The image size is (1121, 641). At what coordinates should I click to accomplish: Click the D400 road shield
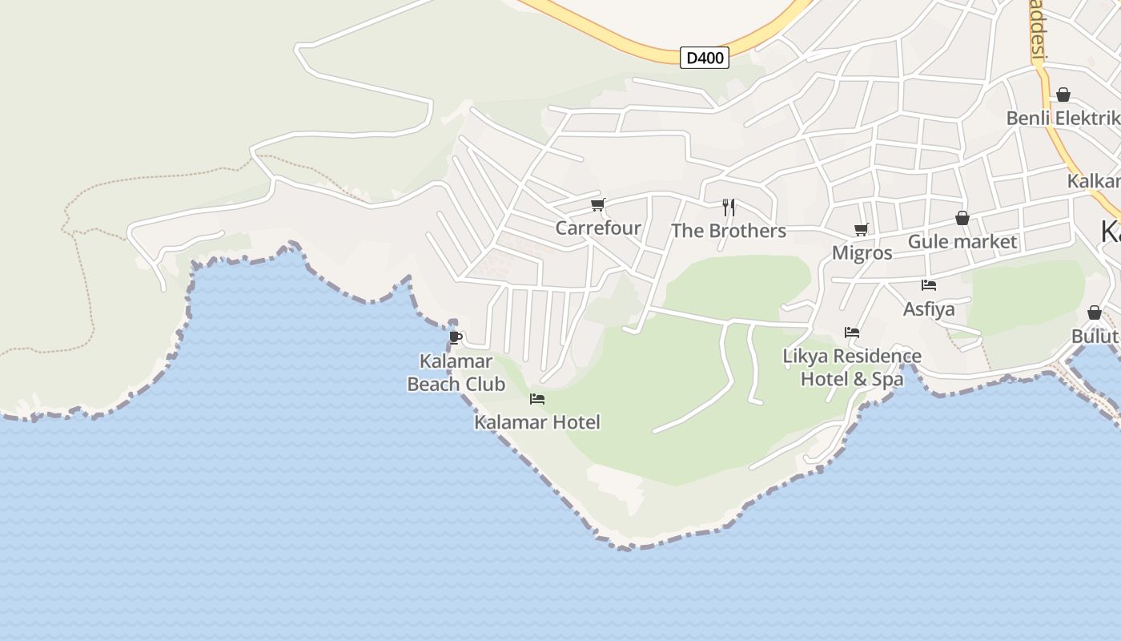coord(705,58)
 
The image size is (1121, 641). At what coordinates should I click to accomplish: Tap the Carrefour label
coord(598,228)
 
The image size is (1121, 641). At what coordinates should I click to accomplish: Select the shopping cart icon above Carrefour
coord(597,205)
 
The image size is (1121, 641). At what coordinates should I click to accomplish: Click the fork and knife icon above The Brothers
coord(729,208)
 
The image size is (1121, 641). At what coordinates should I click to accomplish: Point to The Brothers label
coord(729,232)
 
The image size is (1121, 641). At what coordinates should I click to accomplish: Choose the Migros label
coord(862,253)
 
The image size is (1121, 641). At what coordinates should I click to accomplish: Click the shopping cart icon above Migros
coord(862,230)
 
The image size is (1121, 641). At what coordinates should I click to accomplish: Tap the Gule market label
coord(962,242)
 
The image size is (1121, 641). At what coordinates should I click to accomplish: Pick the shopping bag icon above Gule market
coord(962,218)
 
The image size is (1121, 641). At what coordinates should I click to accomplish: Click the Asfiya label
coord(929,309)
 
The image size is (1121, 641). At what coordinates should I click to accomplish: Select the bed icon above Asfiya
coord(929,285)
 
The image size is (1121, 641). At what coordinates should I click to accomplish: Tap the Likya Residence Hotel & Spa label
coord(852,367)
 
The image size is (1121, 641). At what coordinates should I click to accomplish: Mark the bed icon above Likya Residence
coord(852,333)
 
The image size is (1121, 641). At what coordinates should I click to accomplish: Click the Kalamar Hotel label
coord(536,422)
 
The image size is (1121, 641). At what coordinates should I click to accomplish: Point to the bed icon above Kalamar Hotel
coord(537,399)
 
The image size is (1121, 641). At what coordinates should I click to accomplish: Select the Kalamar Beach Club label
coord(456,373)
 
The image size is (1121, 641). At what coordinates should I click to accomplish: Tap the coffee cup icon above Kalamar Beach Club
coord(456,337)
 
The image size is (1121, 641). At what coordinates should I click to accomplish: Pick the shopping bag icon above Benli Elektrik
coord(1063,95)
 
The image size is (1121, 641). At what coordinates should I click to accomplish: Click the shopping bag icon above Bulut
coord(1095,312)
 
